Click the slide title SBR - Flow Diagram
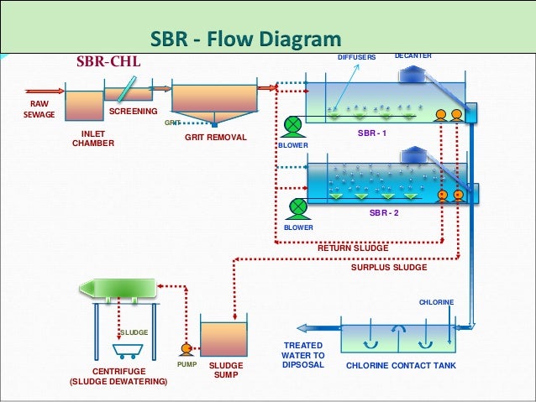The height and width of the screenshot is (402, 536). [245, 39]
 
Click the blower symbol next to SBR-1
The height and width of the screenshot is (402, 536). [293, 125]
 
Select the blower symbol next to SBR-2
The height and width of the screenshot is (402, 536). [298, 206]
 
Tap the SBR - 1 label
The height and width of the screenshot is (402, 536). [372, 133]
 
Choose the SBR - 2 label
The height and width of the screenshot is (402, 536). [384, 213]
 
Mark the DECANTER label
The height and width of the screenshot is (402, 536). [413, 56]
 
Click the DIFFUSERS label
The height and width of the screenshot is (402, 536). [356, 57]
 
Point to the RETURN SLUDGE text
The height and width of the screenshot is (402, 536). [353, 248]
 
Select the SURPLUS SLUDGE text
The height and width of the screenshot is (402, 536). [389, 268]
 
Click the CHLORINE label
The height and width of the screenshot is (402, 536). [436, 302]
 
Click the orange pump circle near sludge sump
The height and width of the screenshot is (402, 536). [187, 348]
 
